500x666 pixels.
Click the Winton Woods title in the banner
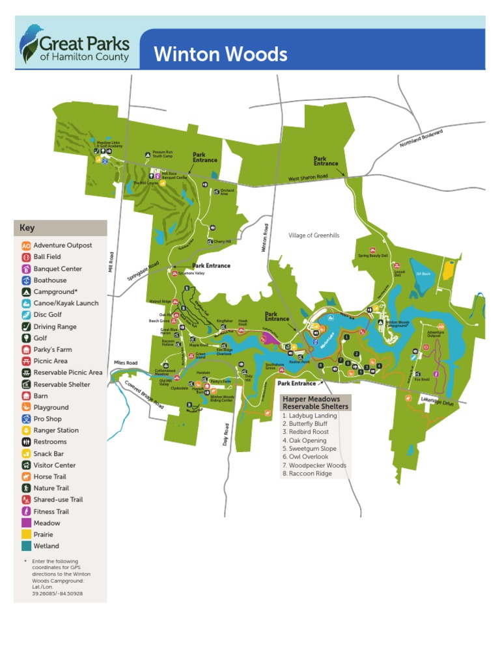[220, 54]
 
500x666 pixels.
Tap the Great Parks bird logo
[29, 42]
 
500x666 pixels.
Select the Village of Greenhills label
[314, 235]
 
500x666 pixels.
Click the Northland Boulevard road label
[421, 138]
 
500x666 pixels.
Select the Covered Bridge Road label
[144, 394]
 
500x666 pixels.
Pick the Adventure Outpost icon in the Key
[26, 246]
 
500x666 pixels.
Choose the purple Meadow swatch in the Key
[26, 523]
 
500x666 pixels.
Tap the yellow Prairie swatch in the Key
[26, 535]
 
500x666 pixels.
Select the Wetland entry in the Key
[46, 546]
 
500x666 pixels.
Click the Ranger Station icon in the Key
[26, 431]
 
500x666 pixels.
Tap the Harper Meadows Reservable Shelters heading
[316, 402]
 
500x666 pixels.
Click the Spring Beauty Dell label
[372, 256]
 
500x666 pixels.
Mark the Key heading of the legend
[27, 228]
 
